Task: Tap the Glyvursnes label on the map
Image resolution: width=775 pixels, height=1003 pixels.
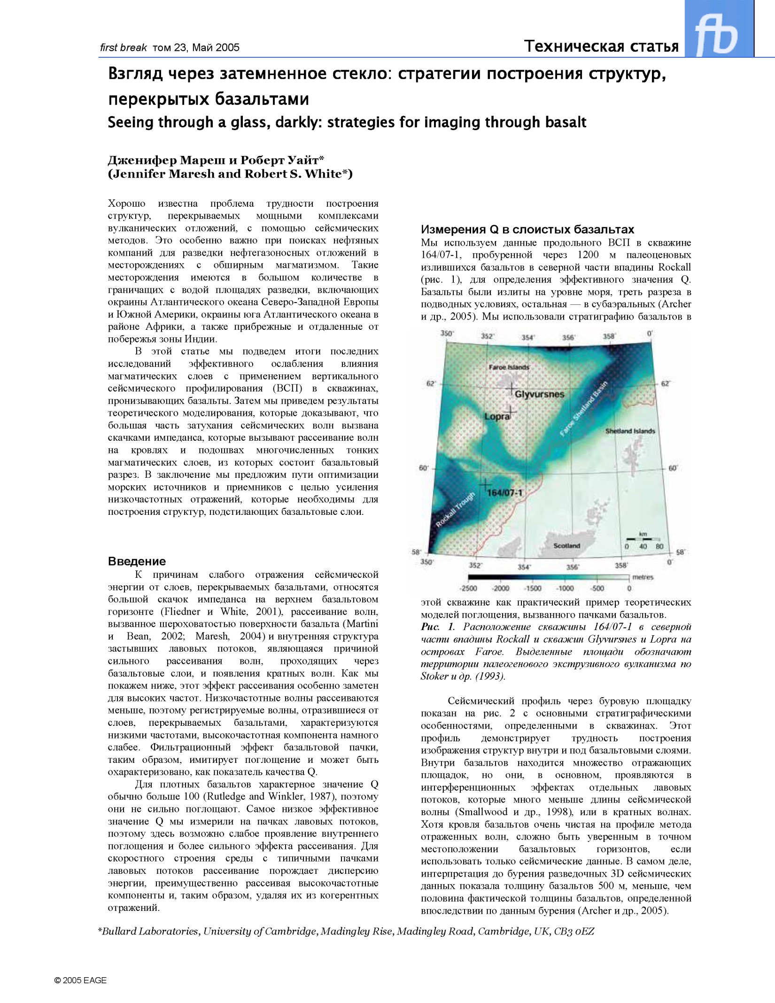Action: [539, 394]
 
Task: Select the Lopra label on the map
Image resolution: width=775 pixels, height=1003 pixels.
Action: [497, 416]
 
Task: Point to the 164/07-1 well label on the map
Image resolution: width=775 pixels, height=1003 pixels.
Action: [504, 492]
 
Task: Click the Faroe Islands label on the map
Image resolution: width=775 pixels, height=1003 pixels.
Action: [509, 367]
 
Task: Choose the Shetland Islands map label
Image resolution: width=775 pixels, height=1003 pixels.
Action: [630, 431]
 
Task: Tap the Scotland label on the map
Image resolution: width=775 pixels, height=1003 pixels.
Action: [566, 545]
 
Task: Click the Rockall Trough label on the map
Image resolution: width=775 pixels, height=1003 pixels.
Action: [455, 509]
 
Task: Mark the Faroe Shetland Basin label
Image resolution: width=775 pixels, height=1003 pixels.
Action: [584, 409]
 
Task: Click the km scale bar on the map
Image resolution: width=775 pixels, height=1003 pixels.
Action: [643, 539]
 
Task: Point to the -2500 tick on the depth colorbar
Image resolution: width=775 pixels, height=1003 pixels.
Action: [468, 588]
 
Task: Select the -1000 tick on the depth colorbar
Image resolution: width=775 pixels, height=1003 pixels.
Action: [565, 588]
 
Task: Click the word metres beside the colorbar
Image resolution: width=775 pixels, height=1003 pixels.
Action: [643, 577]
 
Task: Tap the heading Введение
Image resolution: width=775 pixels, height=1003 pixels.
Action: [137, 561]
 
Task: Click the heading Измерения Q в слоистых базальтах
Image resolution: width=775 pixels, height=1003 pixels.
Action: [527, 229]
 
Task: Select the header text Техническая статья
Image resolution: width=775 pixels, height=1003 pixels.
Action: [601, 46]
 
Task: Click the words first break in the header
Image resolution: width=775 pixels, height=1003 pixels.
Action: [123, 47]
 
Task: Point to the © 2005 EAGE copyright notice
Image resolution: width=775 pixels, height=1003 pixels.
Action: [80, 980]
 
